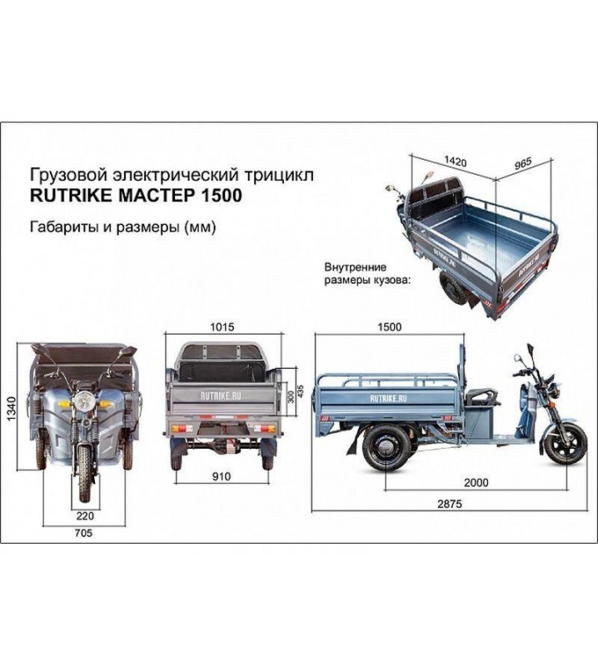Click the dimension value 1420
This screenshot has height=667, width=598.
point(455,160)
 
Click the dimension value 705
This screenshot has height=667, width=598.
point(82,534)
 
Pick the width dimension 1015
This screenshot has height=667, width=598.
point(222,328)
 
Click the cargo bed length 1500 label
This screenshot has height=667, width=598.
point(388,328)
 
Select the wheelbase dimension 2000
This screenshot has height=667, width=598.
point(476,482)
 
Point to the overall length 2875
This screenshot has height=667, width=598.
point(449,504)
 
